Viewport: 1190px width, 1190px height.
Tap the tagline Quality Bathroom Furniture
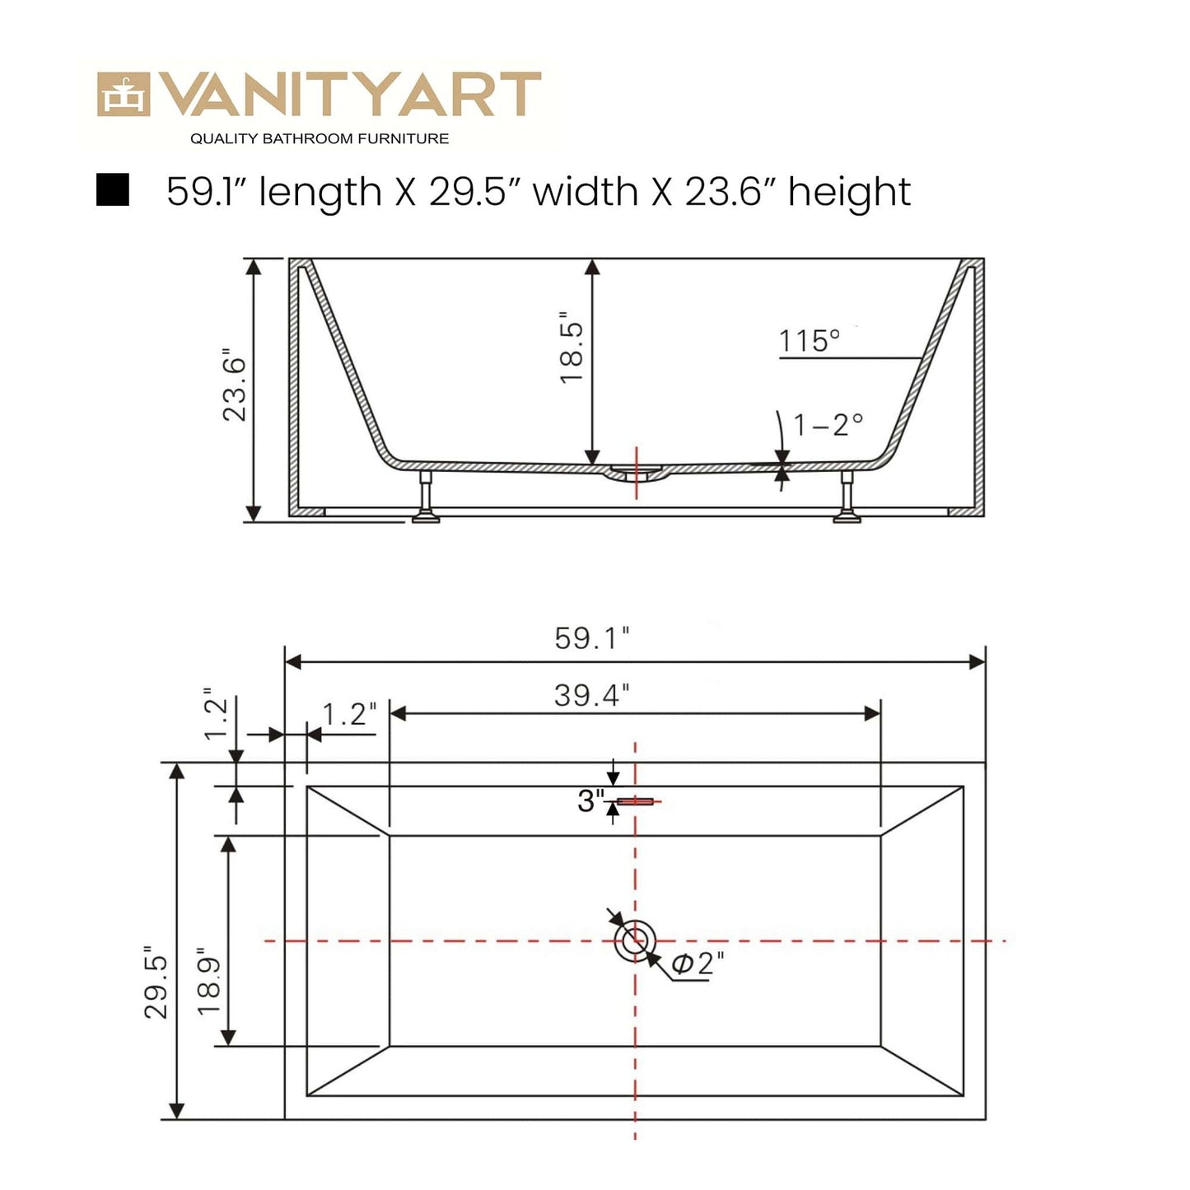tap(320, 138)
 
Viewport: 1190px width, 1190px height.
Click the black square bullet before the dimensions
tap(113, 189)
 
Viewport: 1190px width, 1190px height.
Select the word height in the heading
tap(849, 192)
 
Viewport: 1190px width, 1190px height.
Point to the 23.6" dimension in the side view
tap(235, 389)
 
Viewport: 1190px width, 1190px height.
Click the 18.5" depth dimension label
tap(572, 347)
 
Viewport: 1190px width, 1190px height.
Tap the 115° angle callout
tap(810, 341)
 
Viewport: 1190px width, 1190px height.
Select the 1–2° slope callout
tap(828, 425)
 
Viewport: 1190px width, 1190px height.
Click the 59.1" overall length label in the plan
tap(592, 638)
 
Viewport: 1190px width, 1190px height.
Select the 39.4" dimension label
tap(591, 695)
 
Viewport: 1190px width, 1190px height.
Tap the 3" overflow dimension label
tap(590, 800)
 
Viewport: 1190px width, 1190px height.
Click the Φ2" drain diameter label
tap(698, 963)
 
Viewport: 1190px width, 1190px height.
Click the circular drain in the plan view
tap(635, 940)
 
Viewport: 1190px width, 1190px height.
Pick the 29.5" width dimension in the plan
tap(156, 986)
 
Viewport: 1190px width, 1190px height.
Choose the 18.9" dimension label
tap(209, 986)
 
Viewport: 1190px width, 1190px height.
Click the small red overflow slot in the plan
tap(635, 801)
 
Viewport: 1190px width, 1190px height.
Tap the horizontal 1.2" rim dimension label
tap(349, 714)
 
